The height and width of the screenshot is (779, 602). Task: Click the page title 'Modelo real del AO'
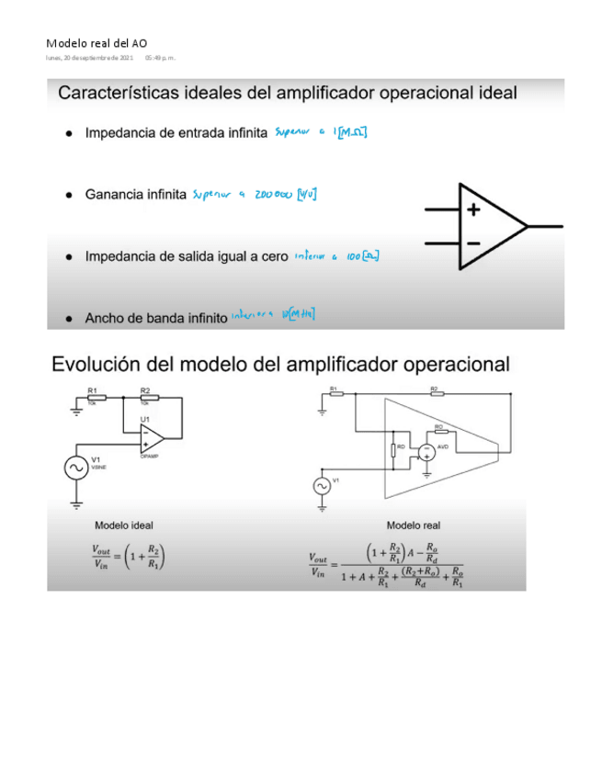pos(96,43)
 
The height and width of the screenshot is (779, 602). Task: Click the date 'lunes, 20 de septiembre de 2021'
pos(90,58)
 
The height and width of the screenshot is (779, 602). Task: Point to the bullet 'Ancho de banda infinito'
pos(155,319)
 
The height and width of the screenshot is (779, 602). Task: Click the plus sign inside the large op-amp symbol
pos(473,209)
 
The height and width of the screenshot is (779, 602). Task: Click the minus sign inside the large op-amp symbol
pos(473,243)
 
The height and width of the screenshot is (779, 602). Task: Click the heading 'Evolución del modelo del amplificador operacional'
pos(280,364)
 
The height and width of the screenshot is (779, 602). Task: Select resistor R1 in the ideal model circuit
pos(97,398)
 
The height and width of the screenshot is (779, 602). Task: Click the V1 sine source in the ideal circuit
pos(73,468)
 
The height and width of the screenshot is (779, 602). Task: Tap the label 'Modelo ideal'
pos(124,525)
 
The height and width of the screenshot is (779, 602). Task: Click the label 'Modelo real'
pos(413,525)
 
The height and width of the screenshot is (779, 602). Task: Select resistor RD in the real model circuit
pos(392,449)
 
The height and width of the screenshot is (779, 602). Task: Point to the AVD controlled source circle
pos(426,451)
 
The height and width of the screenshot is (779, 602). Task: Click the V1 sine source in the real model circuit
pos(322,485)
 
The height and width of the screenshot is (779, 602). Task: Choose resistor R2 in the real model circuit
pos(434,392)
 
